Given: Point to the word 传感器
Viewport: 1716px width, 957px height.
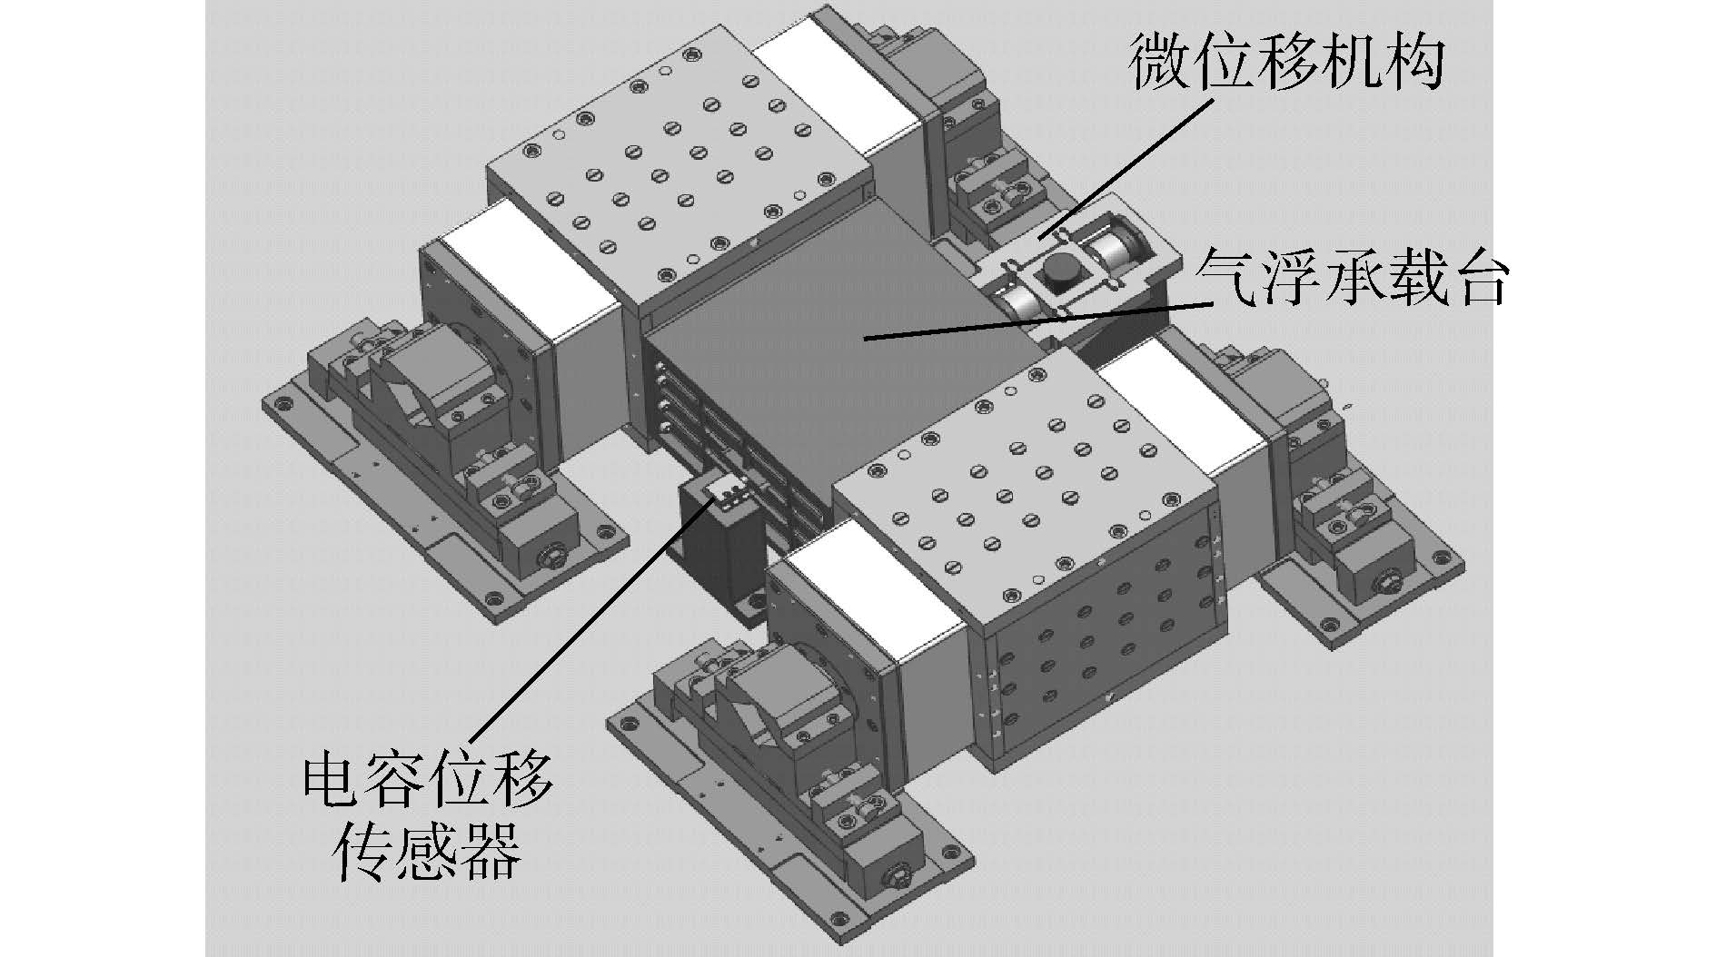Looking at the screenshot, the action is coord(426,850).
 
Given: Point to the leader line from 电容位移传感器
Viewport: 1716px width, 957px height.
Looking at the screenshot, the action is coord(590,626).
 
